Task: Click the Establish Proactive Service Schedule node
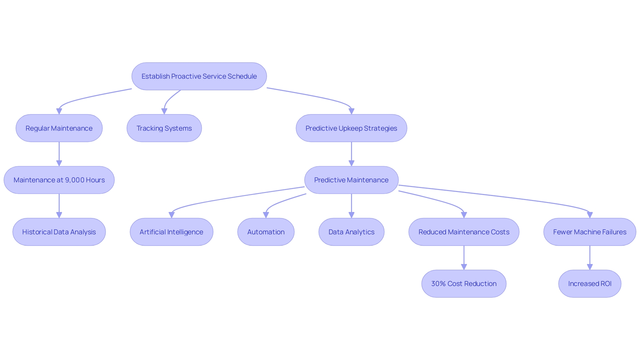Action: pyautogui.click(x=199, y=76)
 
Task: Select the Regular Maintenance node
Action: pyautogui.click(x=59, y=128)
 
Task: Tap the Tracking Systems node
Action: pyautogui.click(x=164, y=128)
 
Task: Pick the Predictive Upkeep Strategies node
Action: pyautogui.click(x=351, y=128)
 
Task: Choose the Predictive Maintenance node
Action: pyautogui.click(x=351, y=180)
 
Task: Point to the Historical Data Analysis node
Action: pyautogui.click(x=59, y=232)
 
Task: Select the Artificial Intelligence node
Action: pyautogui.click(x=171, y=232)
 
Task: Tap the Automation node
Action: pyautogui.click(x=266, y=232)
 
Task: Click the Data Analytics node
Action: pyautogui.click(x=351, y=232)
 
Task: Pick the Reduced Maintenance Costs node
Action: pyautogui.click(x=464, y=232)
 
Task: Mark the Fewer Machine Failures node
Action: pyautogui.click(x=590, y=232)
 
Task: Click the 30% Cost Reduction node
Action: pyautogui.click(x=464, y=284)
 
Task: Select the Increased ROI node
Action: pyautogui.click(x=590, y=284)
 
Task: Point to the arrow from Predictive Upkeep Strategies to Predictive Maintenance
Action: pyautogui.click(x=351, y=154)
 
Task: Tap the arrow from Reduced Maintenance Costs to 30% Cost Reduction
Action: pyautogui.click(x=464, y=258)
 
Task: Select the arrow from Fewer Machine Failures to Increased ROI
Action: pyautogui.click(x=590, y=258)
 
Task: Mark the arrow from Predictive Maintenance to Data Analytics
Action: pyautogui.click(x=351, y=206)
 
